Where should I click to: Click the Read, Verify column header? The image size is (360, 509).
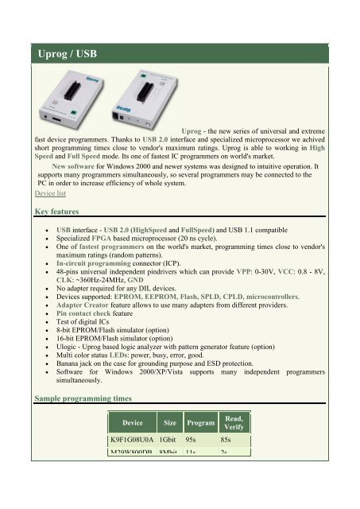(x=234, y=423)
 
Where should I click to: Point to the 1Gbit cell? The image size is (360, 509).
(x=168, y=441)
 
